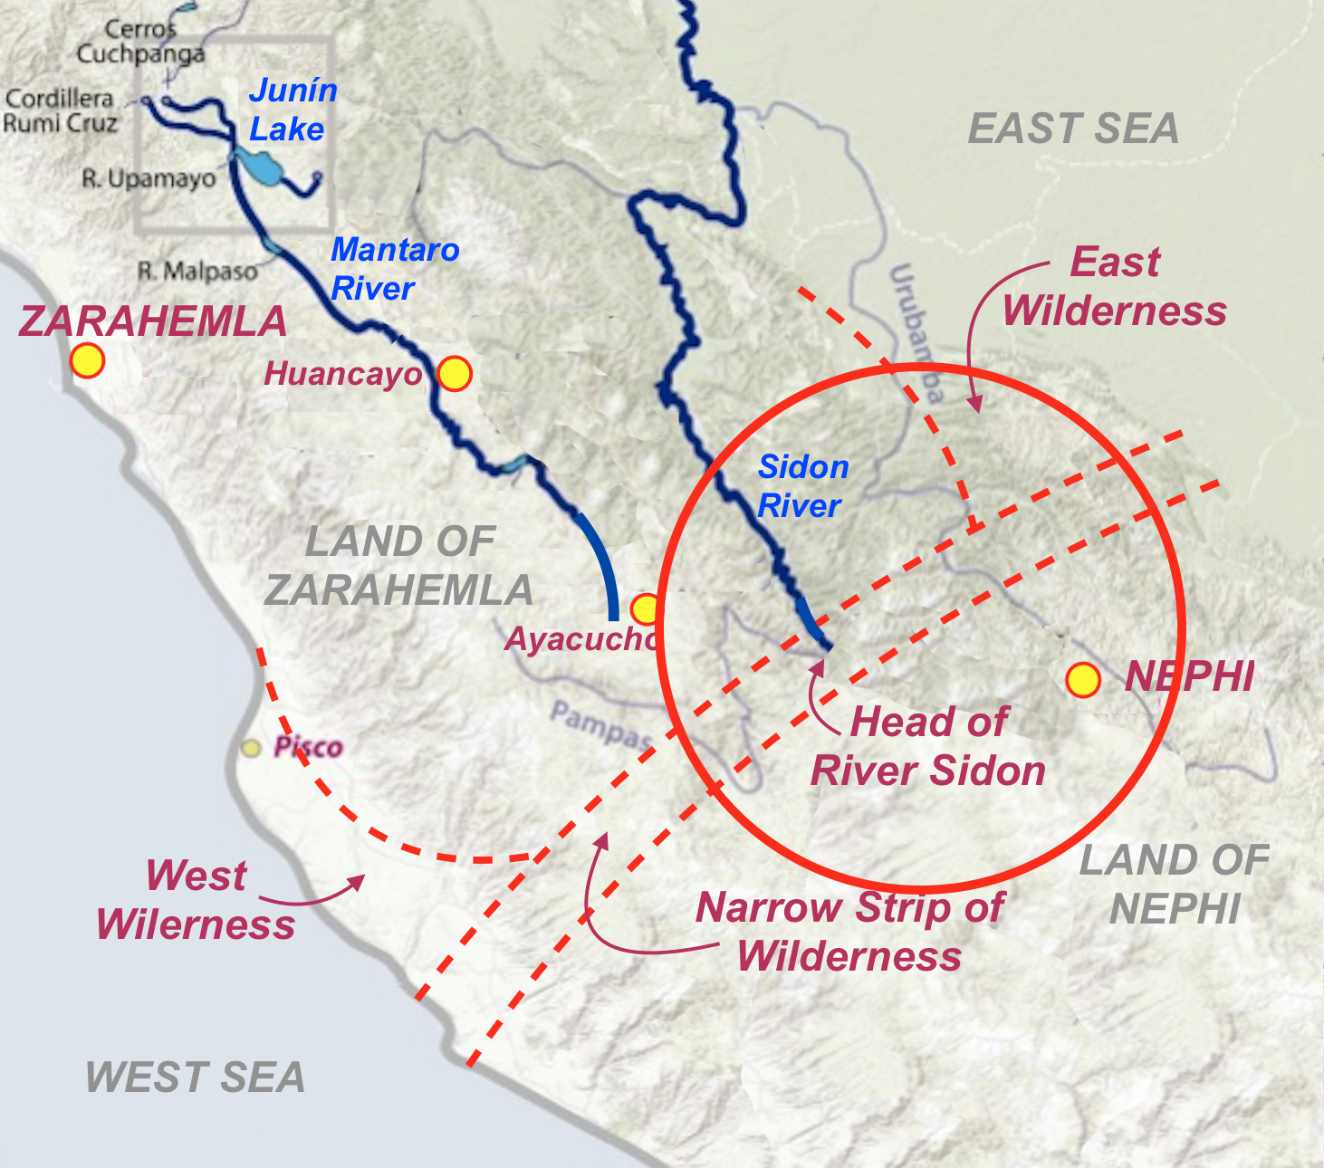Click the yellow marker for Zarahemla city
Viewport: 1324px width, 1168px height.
[88, 360]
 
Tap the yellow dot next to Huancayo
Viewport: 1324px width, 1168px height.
[455, 373]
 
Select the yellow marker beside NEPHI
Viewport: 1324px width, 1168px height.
[1082, 679]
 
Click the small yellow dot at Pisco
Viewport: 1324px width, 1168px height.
[251, 748]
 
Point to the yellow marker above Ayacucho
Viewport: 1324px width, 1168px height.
[646, 608]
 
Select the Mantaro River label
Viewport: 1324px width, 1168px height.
[394, 269]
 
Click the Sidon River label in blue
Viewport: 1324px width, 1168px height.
[802, 486]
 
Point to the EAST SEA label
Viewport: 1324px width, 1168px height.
[1073, 129]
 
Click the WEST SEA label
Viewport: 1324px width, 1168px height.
[195, 1077]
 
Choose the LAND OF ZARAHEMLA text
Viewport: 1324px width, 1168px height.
[398, 566]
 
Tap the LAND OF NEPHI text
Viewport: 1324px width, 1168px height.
[1174, 884]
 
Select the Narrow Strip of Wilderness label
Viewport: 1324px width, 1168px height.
[849, 932]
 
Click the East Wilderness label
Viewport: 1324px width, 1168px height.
[1114, 286]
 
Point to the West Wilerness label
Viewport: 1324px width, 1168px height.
[196, 900]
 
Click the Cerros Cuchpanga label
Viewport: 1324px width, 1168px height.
[139, 42]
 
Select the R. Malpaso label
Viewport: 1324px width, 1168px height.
[197, 271]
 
